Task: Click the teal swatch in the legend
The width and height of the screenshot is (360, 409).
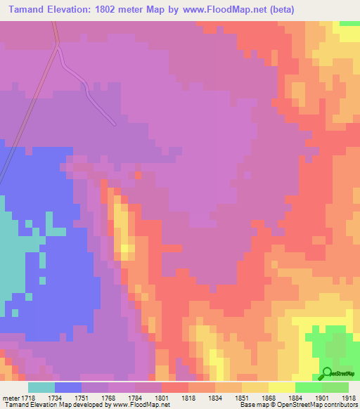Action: (x=41, y=387)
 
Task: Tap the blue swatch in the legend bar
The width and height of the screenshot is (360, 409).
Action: (x=68, y=387)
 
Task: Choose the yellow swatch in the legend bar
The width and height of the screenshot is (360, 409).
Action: (x=281, y=387)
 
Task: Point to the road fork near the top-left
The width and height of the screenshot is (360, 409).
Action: (x=57, y=46)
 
